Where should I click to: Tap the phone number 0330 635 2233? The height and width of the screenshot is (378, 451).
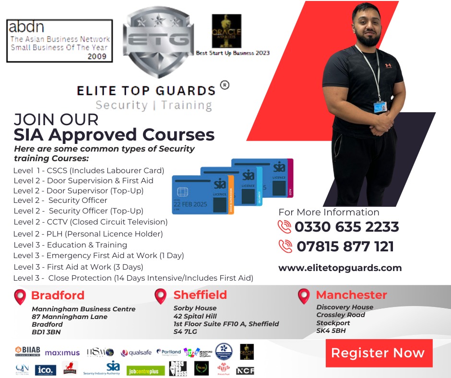346,226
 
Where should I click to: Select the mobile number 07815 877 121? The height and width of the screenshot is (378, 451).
345,247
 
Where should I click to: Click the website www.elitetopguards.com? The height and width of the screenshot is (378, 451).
340,268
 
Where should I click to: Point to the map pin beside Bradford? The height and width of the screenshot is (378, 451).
20,297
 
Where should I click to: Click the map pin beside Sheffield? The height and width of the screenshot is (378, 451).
161,296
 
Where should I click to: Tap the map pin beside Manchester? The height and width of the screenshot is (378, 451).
304,296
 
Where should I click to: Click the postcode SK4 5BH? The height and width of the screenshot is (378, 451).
331,331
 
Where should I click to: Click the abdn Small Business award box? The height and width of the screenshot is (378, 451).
59,41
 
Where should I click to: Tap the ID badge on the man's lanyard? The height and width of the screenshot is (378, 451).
380,106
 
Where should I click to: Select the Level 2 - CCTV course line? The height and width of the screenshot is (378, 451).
90,222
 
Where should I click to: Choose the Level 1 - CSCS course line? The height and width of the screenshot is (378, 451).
89,170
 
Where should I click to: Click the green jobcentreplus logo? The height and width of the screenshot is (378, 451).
146,370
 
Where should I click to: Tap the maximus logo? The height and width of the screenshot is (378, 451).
62,353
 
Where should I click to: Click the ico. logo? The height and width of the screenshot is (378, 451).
46,370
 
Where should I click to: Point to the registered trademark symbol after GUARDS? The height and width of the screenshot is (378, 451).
224,85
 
